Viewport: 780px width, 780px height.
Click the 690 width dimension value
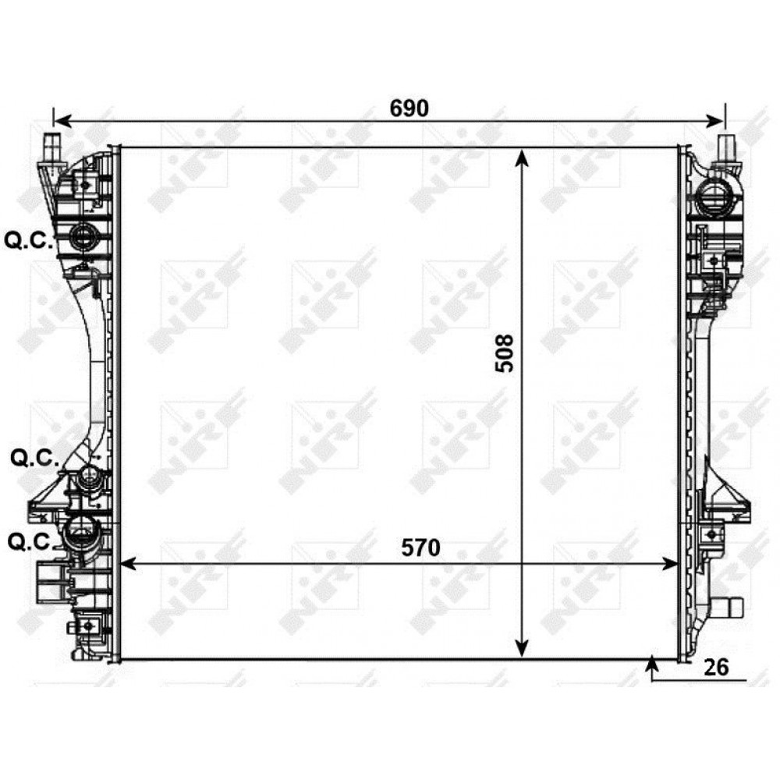(409, 108)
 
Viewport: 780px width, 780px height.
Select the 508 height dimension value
(505, 353)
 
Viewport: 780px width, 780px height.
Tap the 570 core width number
(421, 548)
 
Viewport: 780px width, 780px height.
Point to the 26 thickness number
(716, 667)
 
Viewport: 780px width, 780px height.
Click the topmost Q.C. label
(28, 241)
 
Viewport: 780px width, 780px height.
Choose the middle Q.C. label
(35, 459)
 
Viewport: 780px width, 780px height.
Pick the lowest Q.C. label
(32, 542)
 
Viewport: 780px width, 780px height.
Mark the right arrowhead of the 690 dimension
(715, 121)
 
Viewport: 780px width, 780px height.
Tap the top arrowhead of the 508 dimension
(521, 158)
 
